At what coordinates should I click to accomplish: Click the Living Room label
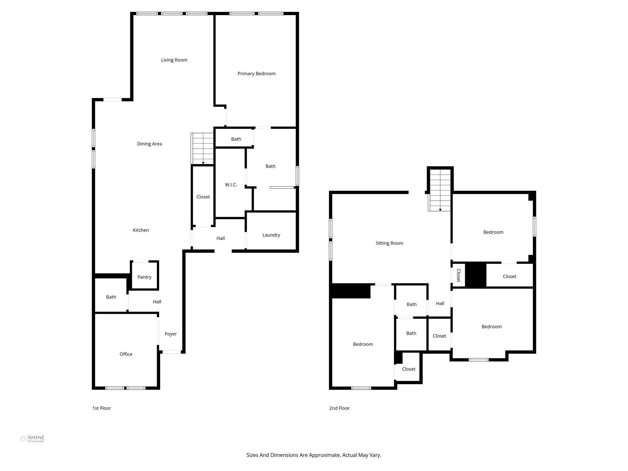pyautogui.click(x=174, y=60)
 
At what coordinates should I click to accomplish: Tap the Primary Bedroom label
pyautogui.click(x=256, y=74)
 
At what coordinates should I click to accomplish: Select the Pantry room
pyautogui.click(x=144, y=277)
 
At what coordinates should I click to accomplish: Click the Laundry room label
pyautogui.click(x=271, y=235)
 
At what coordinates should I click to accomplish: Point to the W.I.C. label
pyautogui.click(x=231, y=185)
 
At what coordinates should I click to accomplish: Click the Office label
pyautogui.click(x=126, y=354)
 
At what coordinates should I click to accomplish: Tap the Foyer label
pyautogui.click(x=170, y=334)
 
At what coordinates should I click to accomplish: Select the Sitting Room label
pyautogui.click(x=389, y=243)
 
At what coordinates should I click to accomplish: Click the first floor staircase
pyautogui.click(x=202, y=149)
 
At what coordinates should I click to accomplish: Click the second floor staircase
pyautogui.click(x=440, y=190)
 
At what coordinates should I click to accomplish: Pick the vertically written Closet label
pyautogui.click(x=458, y=275)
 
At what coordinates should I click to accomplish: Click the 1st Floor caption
pyautogui.click(x=101, y=408)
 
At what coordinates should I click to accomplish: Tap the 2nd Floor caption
pyautogui.click(x=339, y=408)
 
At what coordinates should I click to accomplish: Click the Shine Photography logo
pyautogui.click(x=32, y=439)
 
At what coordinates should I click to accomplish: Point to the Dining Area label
pyautogui.click(x=149, y=144)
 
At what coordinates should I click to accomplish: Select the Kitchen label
pyautogui.click(x=141, y=230)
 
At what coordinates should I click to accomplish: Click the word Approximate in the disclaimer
pyautogui.click(x=324, y=455)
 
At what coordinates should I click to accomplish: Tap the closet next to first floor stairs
pyautogui.click(x=203, y=197)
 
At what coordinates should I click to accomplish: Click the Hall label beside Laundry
pyautogui.click(x=220, y=238)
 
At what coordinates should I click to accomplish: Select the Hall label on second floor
pyautogui.click(x=440, y=304)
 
